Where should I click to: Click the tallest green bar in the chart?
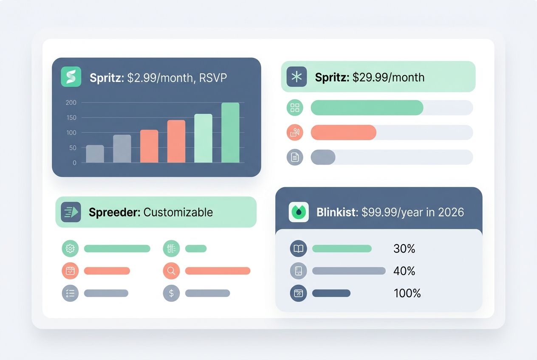[230, 132]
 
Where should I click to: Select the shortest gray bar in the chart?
[95, 154]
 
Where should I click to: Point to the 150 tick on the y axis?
[71, 118]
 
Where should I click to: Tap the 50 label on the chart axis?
[73, 148]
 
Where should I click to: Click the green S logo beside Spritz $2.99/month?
[71, 77]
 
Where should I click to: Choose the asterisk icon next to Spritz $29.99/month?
[297, 77]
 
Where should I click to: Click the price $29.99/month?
[388, 77]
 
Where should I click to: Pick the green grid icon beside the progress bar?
[295, 108]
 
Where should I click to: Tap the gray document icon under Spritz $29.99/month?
[295, 157]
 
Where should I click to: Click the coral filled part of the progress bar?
[343, 132]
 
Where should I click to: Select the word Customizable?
[178, 212]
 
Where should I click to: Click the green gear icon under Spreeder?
[70, 249]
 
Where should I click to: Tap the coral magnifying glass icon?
[171, 271]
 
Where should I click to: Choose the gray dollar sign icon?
[171, 293]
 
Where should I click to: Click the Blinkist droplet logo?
[299, 212]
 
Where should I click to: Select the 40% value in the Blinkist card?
[404, 271]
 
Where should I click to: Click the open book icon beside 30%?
[298, 249]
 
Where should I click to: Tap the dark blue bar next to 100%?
[331, 293]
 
